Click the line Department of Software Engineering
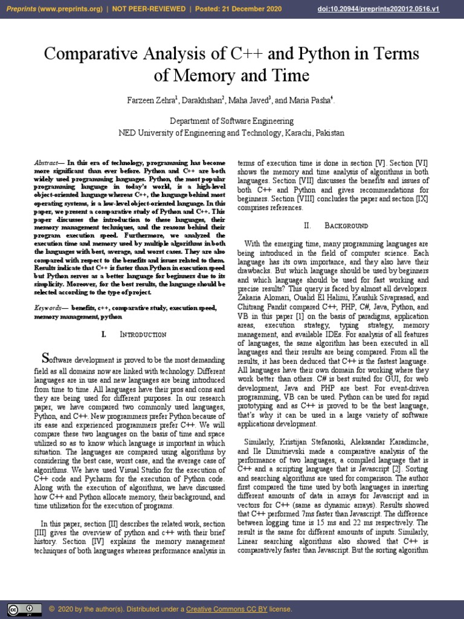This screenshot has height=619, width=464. click(232, 122)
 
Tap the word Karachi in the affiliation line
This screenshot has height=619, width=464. click(292, 133)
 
